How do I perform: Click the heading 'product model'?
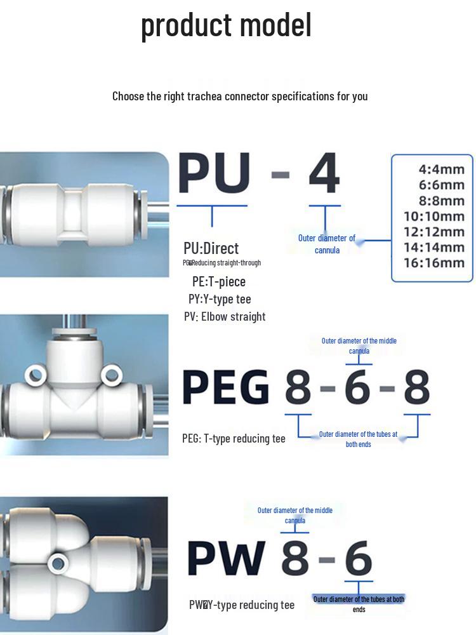pos(226,26)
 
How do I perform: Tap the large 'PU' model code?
pos(214,174)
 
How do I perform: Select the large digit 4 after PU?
pos(324,174)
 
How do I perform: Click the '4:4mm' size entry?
pos(442,170)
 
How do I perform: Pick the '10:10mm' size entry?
pos(434,216)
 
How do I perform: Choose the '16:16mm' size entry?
pos(434,262)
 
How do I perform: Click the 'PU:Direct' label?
pos(211,248)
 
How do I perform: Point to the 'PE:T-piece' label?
pos(219,281)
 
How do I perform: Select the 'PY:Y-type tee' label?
pos(220,299)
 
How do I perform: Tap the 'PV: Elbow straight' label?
pos(225,316)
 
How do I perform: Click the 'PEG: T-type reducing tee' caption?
pos(234,438)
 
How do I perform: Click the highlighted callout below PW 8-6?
pos(359,599)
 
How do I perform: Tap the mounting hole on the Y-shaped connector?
pos(59,562)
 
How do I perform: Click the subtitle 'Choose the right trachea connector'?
pos(240,96)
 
